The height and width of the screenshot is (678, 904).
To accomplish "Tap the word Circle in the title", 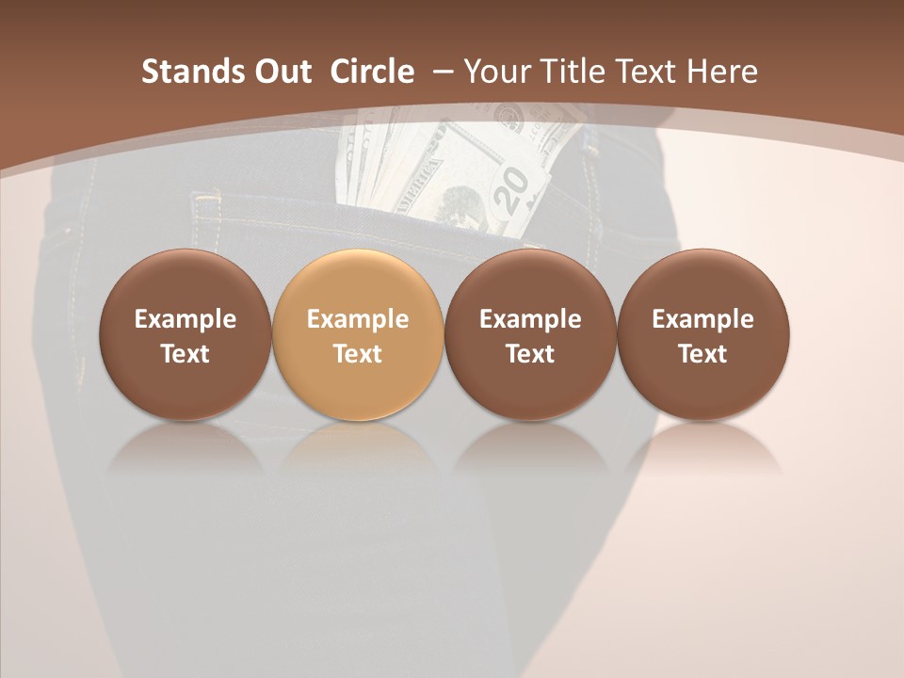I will point(372,72).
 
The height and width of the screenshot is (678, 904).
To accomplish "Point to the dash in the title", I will point(444,72).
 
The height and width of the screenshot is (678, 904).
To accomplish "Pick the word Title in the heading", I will point(568,72).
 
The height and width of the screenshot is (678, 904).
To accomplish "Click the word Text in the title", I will point(645,72).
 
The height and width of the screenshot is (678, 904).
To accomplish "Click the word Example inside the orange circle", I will point(358,319).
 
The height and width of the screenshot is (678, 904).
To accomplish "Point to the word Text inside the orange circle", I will point(358,354).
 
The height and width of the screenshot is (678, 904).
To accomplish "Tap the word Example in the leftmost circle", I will point(185,319).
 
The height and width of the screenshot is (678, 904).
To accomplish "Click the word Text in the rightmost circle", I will point(703,354).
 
